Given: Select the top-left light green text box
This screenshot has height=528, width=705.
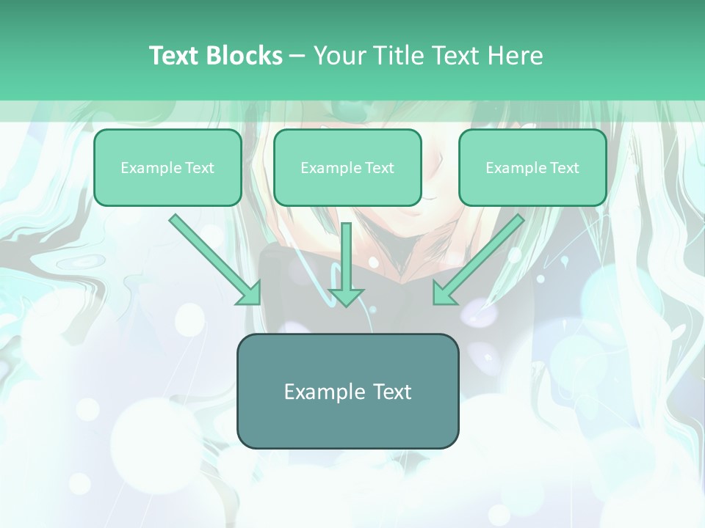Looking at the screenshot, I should coord(167,167).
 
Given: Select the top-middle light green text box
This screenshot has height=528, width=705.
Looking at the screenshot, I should coord(347,167).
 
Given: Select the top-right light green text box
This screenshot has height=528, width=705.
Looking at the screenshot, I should coord(532,167).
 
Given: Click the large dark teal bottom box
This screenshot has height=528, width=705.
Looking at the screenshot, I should coord(347,391).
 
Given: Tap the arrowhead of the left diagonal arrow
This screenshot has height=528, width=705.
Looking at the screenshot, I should coord(250,294).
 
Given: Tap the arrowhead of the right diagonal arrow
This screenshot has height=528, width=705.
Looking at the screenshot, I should coord(444,294).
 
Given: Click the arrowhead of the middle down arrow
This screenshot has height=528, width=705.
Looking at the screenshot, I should coord(347,296).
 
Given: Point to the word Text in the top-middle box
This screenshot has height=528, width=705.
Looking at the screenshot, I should coord(379,168).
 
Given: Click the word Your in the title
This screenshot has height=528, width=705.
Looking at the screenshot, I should coord(339,55).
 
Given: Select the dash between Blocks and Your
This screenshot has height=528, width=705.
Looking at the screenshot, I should coord(297,56).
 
